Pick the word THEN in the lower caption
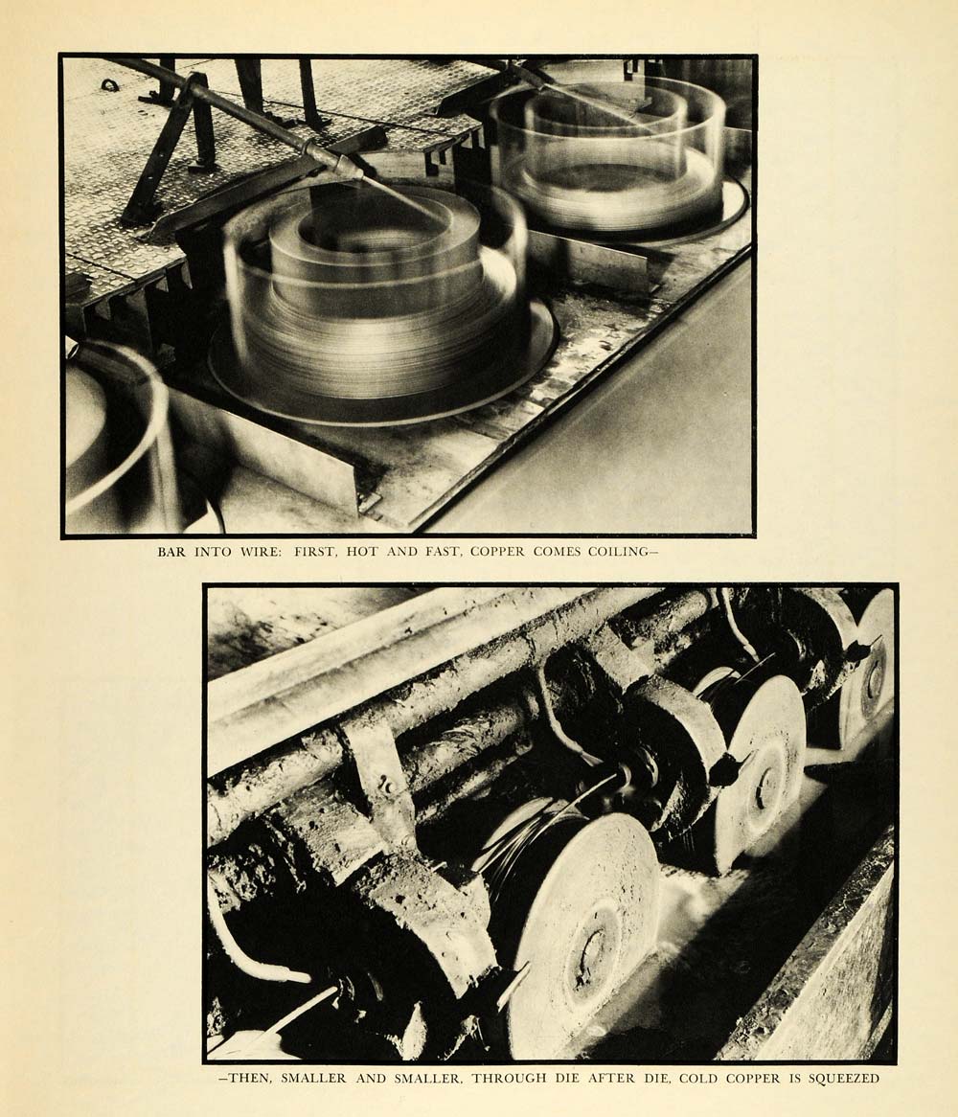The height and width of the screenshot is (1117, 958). [246, 1079]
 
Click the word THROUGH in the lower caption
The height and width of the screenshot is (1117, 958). [509, 1079]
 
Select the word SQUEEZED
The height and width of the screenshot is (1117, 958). [843, 1079]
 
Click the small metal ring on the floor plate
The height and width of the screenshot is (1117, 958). [109, 85]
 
